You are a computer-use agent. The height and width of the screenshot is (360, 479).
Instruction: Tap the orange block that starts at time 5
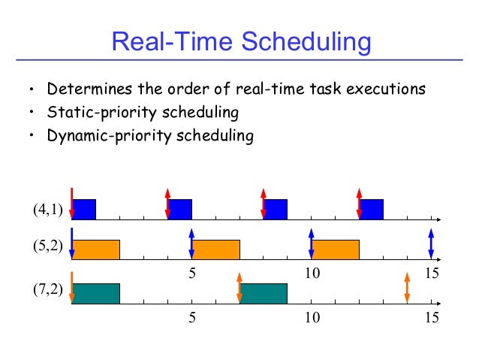[x=216, y=250]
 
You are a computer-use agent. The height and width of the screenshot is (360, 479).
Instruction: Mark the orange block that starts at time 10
[x=335, y=250]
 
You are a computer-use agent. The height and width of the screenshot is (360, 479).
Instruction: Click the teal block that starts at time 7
[x=264, y=294]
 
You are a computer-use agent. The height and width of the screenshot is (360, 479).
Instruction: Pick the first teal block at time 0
[x=96, y=294]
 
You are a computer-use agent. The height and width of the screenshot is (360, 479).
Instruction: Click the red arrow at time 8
[x=263, y=202]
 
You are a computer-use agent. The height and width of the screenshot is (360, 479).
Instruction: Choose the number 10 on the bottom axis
[x=311, y=318]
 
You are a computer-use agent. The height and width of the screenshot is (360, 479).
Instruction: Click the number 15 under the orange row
[x=431, y=274]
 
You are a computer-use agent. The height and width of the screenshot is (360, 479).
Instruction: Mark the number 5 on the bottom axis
[x=192, y=318]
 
